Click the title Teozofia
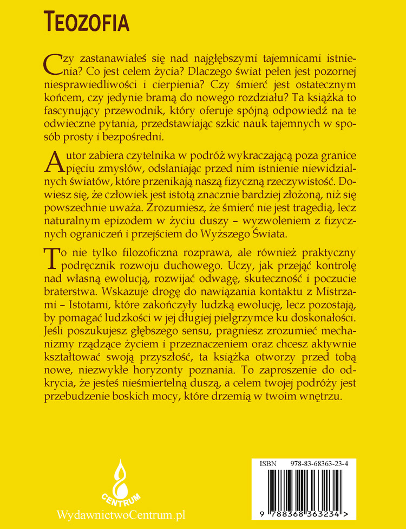(86, 22)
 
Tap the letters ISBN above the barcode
(268, 464)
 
